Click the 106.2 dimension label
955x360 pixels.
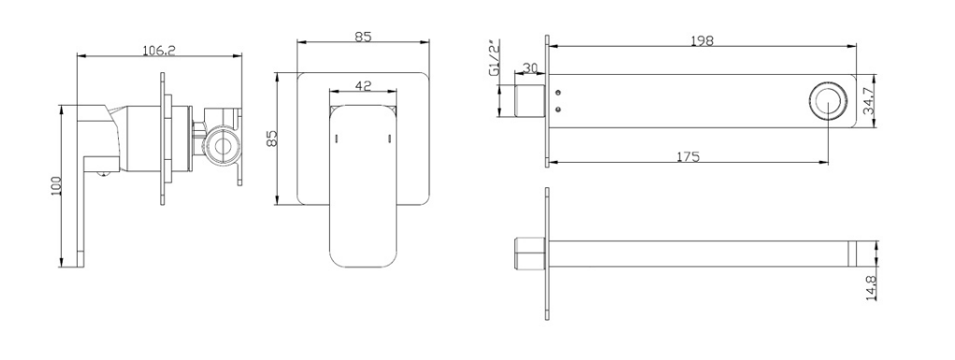159,50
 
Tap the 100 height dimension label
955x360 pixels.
56,186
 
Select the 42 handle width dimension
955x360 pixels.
363,86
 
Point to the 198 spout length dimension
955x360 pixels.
702,40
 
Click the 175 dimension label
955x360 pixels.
688,156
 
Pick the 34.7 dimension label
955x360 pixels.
869,101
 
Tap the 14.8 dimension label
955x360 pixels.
870,287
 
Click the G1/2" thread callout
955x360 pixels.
494,59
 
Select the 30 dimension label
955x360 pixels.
529,68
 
